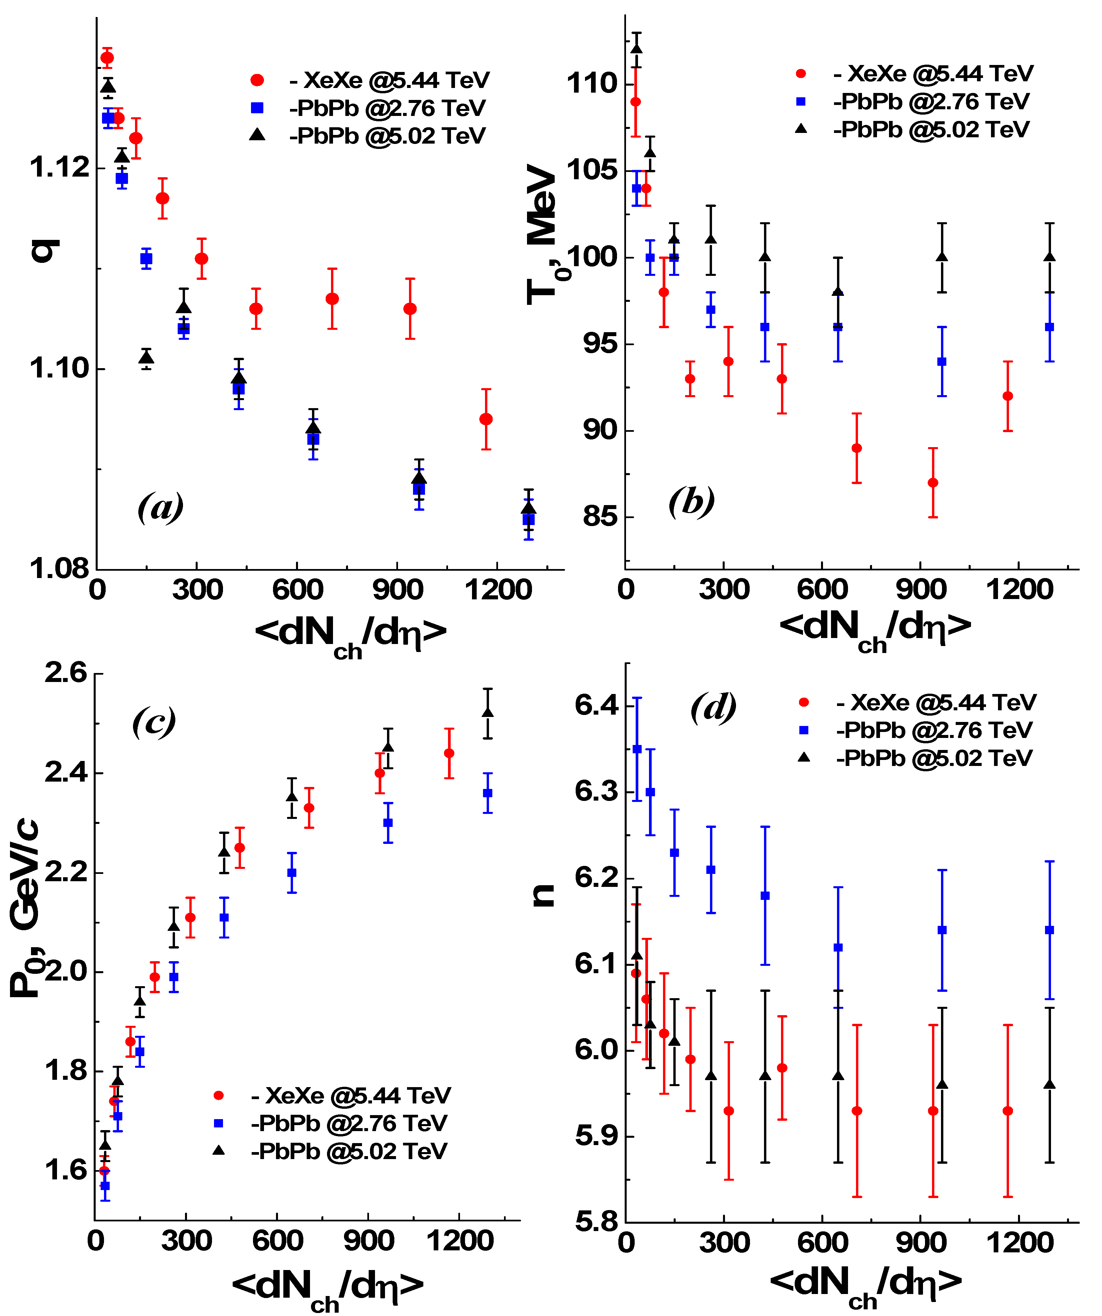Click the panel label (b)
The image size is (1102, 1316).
point(691,501)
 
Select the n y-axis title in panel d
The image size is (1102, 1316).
point(543,895)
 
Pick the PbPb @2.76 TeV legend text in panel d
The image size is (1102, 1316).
point(934,730)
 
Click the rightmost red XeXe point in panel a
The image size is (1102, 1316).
point(486,419)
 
